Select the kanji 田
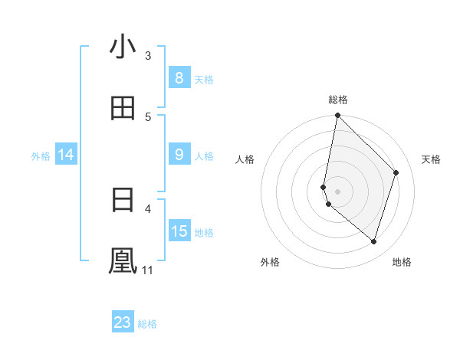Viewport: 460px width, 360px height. (123, 108)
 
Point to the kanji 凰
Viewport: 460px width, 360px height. (123, 260)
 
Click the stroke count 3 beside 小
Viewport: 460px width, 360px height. (148, 55)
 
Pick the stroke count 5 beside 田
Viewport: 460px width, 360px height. (148, 116)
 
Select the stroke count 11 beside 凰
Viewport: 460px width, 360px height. (148, 270)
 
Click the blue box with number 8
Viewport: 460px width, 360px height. (179, 77)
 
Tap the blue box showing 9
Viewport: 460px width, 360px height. (179, 155)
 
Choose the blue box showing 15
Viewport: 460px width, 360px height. (179, 231)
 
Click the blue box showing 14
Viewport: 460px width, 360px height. (65, 155)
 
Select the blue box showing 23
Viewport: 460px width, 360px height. (123, 322)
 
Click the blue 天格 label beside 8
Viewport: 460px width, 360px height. (204, 79)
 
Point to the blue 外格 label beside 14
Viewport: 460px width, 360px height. (41, 156)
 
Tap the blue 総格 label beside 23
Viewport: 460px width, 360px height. (147, 324)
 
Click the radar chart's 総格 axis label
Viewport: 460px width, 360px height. (338, 100)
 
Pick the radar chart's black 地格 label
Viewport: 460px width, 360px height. (402, 262)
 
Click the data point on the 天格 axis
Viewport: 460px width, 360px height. (396, 172)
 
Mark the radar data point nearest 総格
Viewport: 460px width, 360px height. (338, 116)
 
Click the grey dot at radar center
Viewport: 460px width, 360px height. (338, 191)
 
